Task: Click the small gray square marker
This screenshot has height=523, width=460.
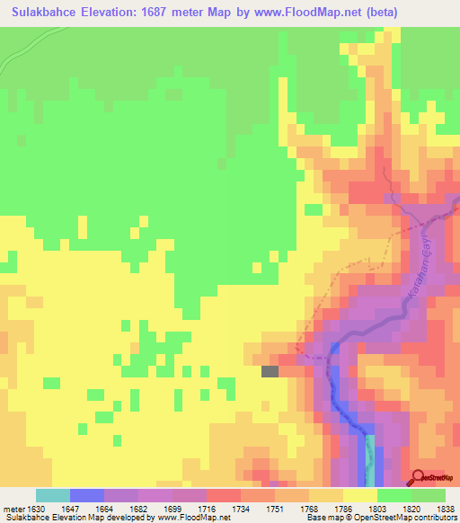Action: [270, 370]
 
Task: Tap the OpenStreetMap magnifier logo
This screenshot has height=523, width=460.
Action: [420, 478]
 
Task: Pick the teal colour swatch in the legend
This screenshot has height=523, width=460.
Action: [53, 495]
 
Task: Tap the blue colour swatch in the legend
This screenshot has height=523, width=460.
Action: [87, 495]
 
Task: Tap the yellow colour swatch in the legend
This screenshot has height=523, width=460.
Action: [360, 495]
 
